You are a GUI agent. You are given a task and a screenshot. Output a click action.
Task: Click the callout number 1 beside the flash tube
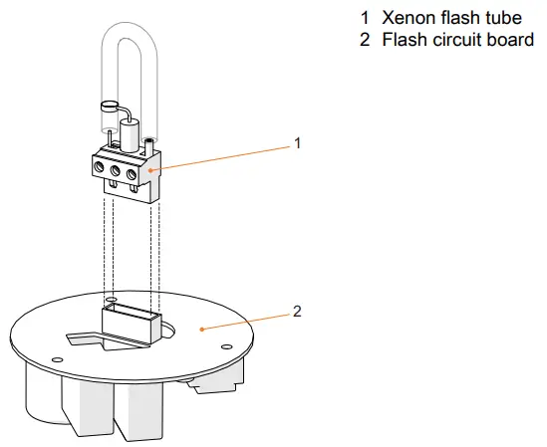tap(297, 143)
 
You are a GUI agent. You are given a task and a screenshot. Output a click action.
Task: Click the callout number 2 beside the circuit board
tap(297, 311)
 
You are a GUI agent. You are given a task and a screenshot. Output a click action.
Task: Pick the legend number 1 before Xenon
tap(365, 18)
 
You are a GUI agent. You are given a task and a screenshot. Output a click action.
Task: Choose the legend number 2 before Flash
tap(365, 40)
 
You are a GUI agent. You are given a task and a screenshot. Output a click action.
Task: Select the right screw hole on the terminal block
tap(134, 172)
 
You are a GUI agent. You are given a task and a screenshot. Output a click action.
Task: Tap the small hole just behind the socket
tap(111, 299)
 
